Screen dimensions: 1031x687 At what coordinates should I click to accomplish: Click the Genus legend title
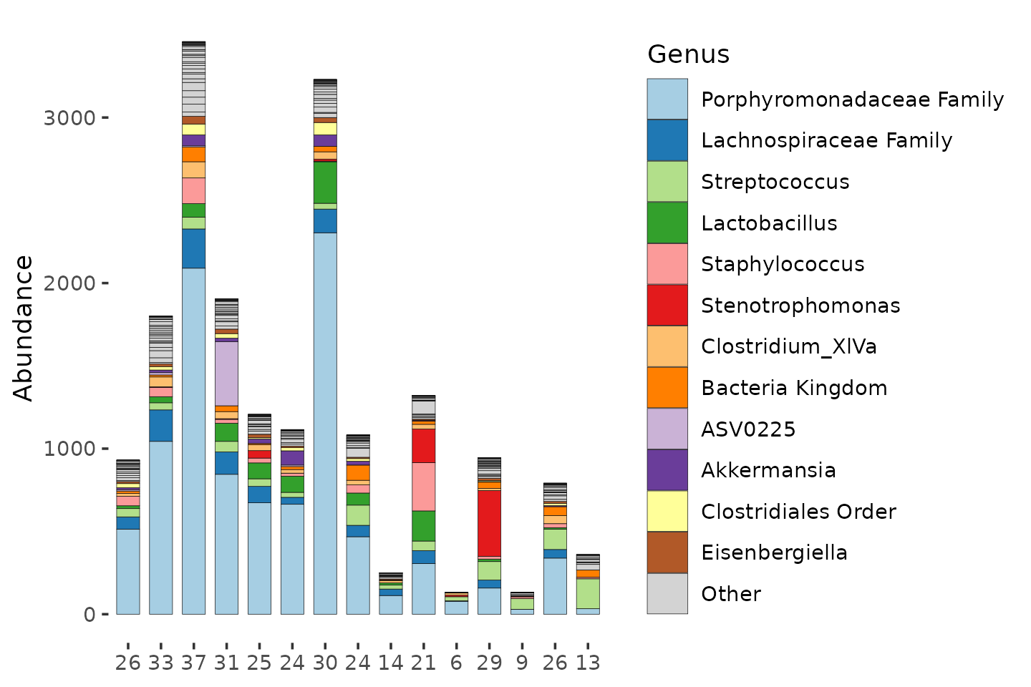point(688,55)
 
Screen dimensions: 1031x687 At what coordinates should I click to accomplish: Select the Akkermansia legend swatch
point(667,470)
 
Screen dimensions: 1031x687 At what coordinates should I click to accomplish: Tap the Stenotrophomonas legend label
point(800,306)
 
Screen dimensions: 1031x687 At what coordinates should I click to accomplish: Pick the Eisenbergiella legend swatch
point(667,552)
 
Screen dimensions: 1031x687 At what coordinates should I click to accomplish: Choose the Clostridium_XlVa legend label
point(789,347)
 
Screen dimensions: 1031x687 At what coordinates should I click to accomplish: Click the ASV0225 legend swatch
point(667,429)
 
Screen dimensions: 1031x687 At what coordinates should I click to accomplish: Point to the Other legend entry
point(705,593)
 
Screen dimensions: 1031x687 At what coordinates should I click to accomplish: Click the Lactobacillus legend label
point(769,223)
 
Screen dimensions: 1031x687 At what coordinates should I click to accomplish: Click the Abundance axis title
point(23,328)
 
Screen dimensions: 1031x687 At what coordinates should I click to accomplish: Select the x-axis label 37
point(193,663)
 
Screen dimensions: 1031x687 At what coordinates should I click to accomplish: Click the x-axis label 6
point(456,663)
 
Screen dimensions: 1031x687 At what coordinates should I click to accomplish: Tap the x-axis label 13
point(588,663)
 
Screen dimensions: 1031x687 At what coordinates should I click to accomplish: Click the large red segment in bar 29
point(489,524)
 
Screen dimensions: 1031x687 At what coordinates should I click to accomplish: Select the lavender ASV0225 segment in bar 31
point(226,374)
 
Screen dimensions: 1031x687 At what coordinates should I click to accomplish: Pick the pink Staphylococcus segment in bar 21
point(423,487)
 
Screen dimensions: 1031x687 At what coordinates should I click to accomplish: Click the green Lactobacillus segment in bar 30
point(325,182)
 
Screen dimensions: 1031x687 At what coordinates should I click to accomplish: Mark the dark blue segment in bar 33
point(160,426)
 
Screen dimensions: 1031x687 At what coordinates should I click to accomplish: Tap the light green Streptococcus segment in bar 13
point(588,593)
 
